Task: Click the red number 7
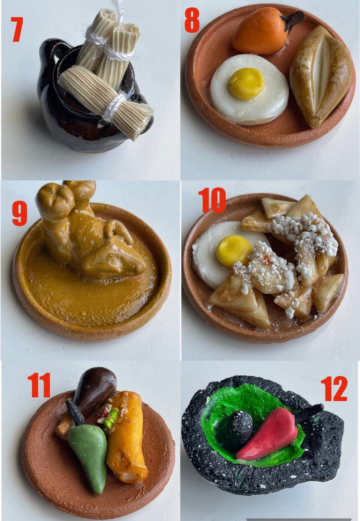(x=17, y=29)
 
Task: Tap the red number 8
(x=192, y=20)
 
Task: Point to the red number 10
(x=212, y=200)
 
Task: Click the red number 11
(x=39, y=385)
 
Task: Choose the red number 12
(x=334, y=389)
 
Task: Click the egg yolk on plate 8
(x=246, y=83)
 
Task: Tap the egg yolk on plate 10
(x=234, y=250)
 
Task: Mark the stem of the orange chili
(x=293, y=19)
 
